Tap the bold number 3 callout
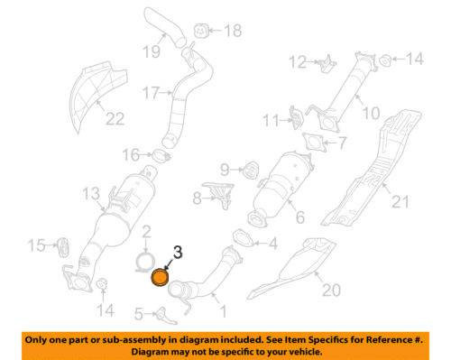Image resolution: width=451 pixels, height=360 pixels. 177,254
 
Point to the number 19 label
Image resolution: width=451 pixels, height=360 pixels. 150,52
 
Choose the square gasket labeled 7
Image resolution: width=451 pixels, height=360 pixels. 314,143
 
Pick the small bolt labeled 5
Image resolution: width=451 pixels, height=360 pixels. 162,314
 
